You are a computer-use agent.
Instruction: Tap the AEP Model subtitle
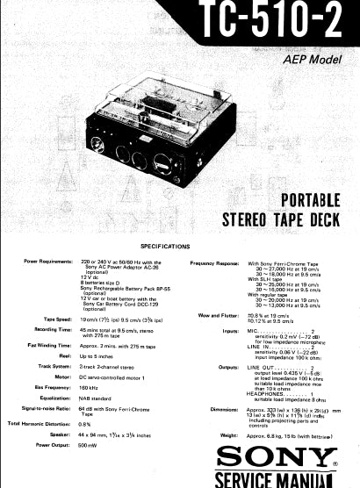(x=313, y=60)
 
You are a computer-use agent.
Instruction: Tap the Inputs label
(x=232, y=330)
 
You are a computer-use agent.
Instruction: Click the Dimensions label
(x=226, y=410)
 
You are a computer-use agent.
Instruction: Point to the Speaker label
(x=61, y=434)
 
